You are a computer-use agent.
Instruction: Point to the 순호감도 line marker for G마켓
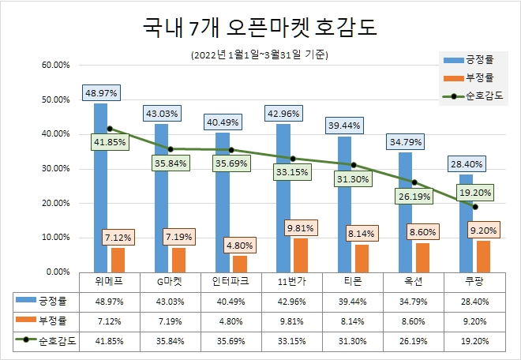coord(170,148)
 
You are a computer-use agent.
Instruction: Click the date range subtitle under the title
coord(260,55)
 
